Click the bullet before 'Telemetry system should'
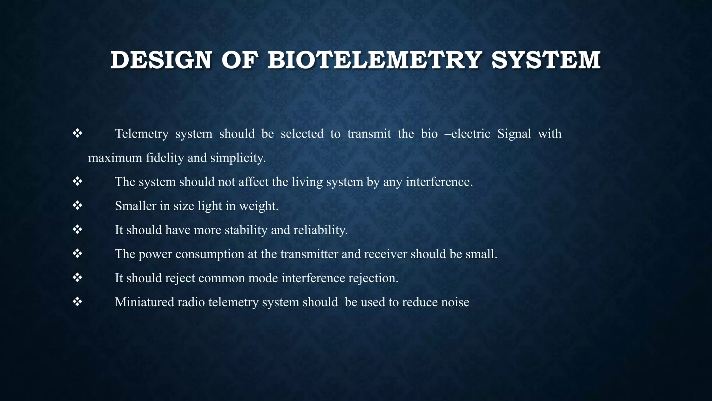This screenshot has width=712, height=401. coord(77,133)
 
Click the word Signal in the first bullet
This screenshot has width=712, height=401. coord(514,134)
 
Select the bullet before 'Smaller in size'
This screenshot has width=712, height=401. coord(77,206)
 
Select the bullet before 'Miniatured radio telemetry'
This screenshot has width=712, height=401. coord(77,302)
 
